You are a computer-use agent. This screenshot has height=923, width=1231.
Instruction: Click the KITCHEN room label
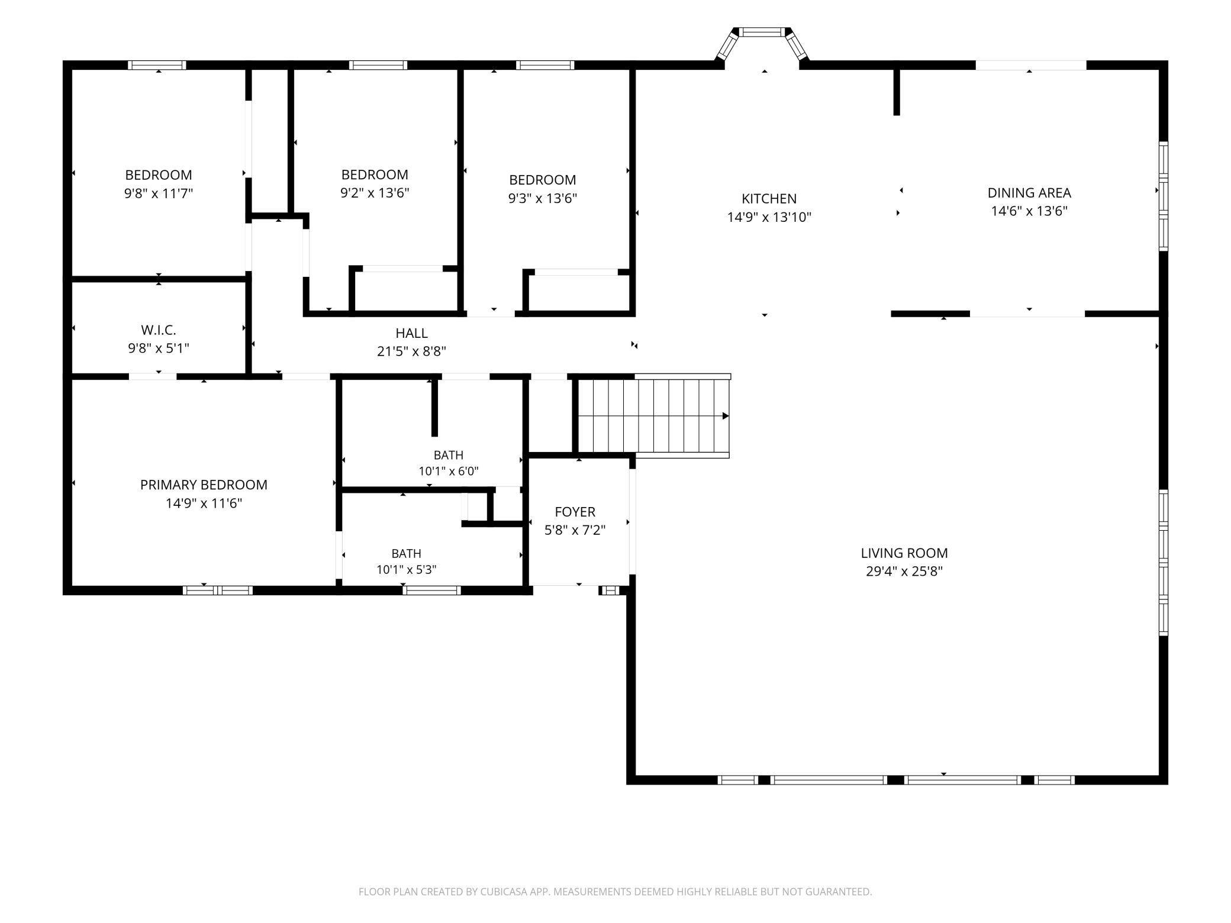click(x=769, y=199)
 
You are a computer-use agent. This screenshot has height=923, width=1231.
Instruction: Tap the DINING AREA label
click(x=1029, y=193)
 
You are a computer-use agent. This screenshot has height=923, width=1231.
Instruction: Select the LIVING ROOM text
click(x=904, y=553)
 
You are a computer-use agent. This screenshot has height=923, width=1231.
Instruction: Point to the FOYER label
click(x=575, y=512)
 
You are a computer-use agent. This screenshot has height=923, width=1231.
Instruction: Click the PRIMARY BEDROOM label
click(x=204, y=485)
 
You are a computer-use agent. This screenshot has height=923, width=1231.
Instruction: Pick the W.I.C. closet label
click(x=159, y=330)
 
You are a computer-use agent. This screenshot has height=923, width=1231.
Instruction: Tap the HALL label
click(x=411, y=333)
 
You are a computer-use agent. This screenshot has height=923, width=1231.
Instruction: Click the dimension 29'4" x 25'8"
click(x=904, y=572)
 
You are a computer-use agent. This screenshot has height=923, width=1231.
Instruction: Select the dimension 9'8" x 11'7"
click(x=159, y=193)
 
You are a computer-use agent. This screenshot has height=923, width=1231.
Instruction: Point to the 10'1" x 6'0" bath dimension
click(x=449, y=472)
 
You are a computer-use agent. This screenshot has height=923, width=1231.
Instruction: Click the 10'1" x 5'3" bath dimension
click(x=407, y=570)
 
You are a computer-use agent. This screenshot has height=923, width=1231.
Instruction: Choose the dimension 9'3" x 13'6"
click(x=543, y=198)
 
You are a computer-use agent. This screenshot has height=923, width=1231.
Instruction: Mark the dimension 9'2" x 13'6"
click(x=375, y=193)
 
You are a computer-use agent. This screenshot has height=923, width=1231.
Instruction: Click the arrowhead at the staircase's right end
click(x=726, y=416)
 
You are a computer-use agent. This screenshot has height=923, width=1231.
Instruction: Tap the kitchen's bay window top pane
click(x=763, y=32)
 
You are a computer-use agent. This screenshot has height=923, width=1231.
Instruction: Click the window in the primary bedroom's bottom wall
click(x=218, y=590)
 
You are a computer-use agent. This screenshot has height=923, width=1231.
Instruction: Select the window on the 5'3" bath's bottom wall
click(x=432, y=590)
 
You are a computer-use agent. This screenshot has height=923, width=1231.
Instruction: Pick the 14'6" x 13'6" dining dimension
click(x=1029, y=211)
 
